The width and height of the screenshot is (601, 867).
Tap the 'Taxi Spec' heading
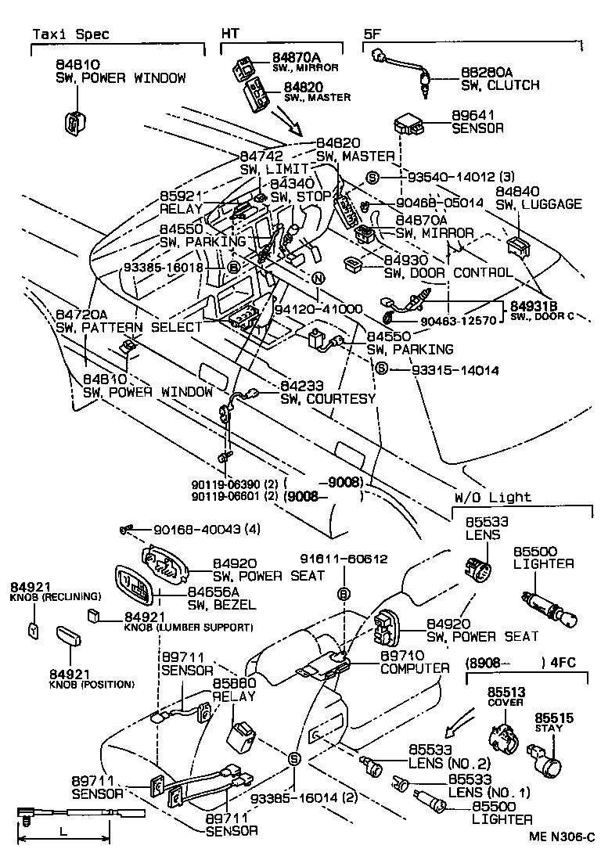(70, 34)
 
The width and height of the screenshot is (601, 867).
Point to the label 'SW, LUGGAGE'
(538, 204)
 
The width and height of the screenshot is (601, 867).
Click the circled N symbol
(318, 279)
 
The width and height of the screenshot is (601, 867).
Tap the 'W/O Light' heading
(492, 498)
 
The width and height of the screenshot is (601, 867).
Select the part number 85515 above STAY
(553, 718)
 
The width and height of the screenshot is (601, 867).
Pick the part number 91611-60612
(344, 559)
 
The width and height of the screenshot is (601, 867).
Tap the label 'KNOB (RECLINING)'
(56, 596)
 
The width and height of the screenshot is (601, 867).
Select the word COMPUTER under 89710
(415, 669)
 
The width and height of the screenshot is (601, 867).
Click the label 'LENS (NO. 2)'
(461, 764)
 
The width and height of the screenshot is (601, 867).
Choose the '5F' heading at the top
(373, 34)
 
